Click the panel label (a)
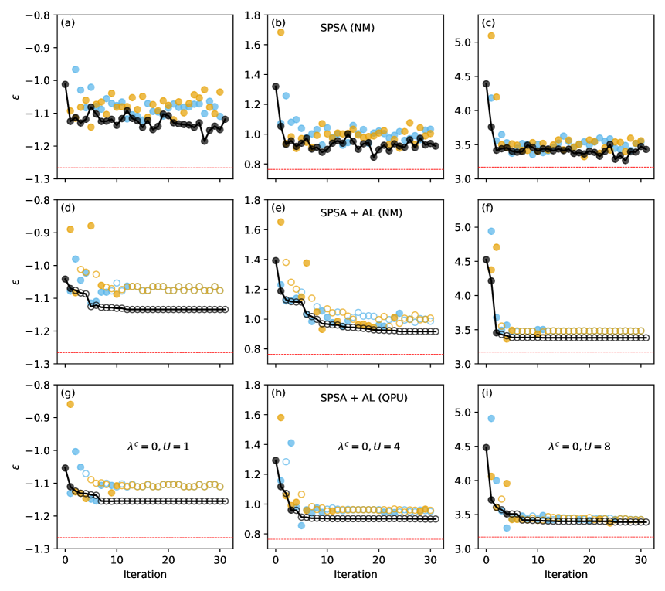tap(68, 23)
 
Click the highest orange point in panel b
tap(280, 32)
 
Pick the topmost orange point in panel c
tap(491, 36)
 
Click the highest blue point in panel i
tap(491, 419)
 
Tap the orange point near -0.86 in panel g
tap(70, 404)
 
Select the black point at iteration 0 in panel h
tap(276, 460)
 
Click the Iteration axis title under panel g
tap(142, 575)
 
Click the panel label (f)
tap(489, 209)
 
